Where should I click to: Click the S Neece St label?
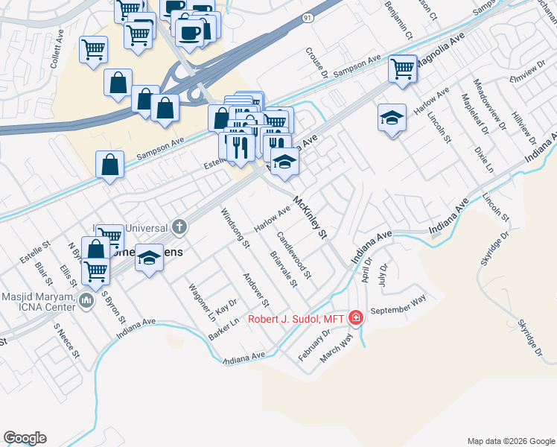pos(66,340)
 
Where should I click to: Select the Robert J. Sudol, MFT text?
pos(297,320)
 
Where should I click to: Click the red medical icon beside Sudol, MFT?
pos(356,319)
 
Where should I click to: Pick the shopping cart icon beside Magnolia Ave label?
pos(403,69)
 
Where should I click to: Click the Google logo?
pos(25,438)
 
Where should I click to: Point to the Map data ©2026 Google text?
pos(510,440)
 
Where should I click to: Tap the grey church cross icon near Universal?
pos(179,226)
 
